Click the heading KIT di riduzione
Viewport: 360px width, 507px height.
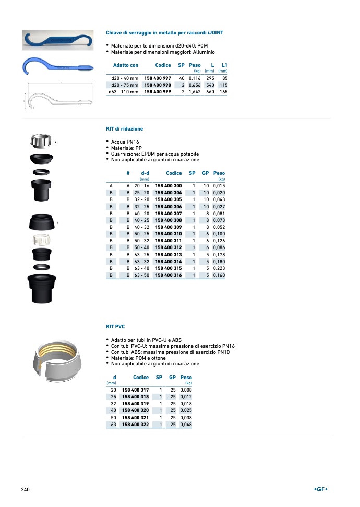point(124,128)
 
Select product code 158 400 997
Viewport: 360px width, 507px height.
point(158,78)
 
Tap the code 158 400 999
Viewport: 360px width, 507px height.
point(158,92)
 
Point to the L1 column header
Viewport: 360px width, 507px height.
point(224,65)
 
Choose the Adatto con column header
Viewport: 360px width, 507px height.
point(126,65)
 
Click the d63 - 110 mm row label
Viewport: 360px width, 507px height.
point(123,92)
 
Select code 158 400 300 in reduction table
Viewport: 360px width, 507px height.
point(169,186)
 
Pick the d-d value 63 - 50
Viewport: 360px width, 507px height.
point(141,275)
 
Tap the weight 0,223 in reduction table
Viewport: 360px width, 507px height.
point(219,268)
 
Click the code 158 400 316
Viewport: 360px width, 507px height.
point(169,275)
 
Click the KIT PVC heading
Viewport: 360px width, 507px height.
point(115,327)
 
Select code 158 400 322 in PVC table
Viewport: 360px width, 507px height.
point(135,425)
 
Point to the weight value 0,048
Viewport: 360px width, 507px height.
point(186,425)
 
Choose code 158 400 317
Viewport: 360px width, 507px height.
point(135,390)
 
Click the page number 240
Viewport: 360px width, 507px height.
point(25,489)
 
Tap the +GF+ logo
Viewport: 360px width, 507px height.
point(320,489)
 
